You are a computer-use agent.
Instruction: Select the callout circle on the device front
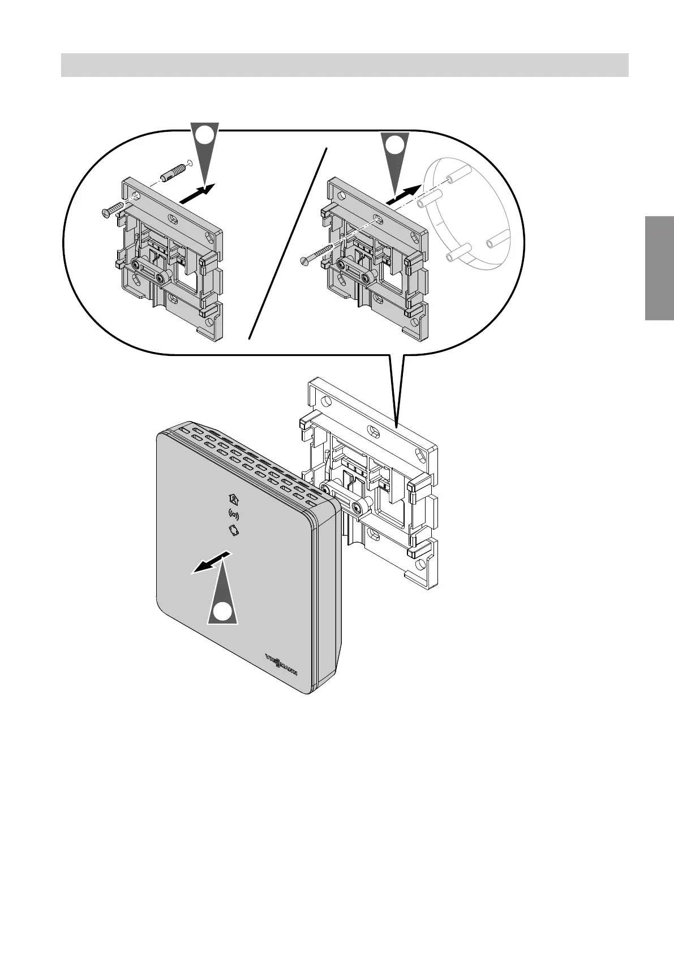[224, 612]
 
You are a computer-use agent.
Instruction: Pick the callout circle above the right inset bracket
[394, 144]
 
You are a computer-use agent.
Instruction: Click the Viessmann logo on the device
[281, 660]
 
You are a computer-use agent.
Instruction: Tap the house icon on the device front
[233, 499]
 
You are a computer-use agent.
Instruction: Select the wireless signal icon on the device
[233, 514]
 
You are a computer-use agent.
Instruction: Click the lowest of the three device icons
[233, 530]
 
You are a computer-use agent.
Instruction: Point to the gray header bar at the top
[345, 65]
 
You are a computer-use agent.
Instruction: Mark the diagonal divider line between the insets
[289, 243]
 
